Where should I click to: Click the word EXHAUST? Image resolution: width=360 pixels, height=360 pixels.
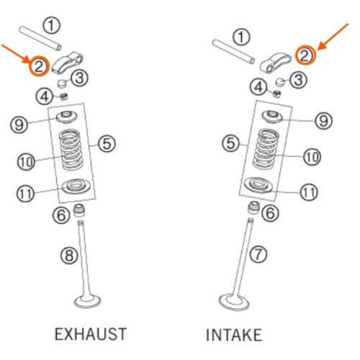point(91,334)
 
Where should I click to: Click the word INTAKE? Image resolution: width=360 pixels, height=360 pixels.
point(234,335)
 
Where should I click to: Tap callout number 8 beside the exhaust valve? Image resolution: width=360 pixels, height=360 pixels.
point(69,255)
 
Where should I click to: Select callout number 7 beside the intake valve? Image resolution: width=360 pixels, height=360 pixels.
point(258,254)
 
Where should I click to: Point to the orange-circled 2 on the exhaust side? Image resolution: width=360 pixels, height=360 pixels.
point(39,66)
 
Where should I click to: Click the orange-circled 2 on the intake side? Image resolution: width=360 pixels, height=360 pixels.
point(305,55)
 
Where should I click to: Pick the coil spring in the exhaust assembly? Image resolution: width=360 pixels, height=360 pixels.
point(71,149)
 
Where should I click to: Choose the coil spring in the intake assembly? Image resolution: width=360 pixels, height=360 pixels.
point(266,148)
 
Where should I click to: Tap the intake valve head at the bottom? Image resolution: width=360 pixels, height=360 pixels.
point(234,302)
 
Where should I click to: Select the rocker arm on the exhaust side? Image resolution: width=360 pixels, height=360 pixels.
point(68,63)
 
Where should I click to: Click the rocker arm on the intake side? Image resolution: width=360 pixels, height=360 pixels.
point(276,63)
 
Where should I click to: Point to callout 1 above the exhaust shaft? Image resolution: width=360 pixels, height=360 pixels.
point(51,25)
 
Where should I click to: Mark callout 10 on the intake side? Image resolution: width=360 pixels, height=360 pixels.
point(312,157)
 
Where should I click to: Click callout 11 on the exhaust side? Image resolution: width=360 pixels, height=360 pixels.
point(25,194)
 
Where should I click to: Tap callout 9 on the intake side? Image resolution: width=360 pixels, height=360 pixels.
point(323,120)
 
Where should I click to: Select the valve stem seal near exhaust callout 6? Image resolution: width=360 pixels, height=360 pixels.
point(79,210)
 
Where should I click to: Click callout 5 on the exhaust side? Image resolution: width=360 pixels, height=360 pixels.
point(107,143)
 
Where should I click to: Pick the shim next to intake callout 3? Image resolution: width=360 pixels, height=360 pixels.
point(280,82)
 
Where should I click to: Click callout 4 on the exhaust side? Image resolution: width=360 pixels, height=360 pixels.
point(45,96)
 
